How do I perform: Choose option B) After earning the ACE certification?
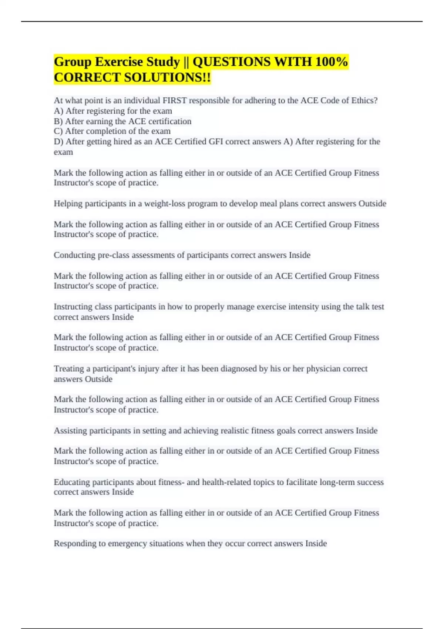(122, 121)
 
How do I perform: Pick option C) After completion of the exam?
(112, 131)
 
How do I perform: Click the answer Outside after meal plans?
(372, 204)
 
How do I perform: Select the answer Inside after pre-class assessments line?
(299, 255)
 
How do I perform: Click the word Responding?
(73, 544)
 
